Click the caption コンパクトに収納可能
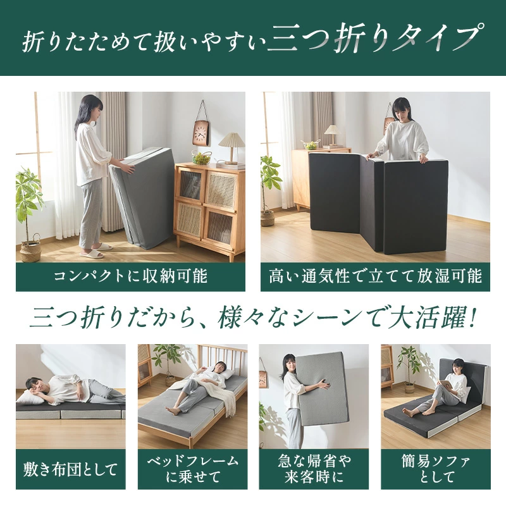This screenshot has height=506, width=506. (130, 276)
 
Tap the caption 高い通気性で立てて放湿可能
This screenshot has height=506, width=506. (375, 276)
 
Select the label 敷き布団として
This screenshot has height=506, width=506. (70, 469)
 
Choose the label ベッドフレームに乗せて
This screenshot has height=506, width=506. (193, 469)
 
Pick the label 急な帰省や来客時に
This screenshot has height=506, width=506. (314, 469)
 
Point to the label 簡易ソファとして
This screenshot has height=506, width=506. (436, 469)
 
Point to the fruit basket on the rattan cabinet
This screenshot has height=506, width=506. (201, 157)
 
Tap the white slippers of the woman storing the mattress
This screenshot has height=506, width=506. (97, 251)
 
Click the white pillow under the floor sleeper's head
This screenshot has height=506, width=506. (28, 398)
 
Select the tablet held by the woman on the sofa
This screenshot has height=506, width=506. (450, 385)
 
